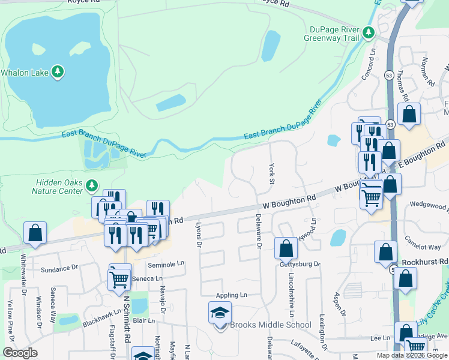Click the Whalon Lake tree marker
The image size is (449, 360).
[x=58, y=72]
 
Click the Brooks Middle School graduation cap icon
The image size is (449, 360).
[x=220, y=313]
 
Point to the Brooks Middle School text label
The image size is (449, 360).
[x=271, y=325]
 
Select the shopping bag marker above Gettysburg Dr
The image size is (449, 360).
[x=286, y=247]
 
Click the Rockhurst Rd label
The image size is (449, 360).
[x=426, y=262]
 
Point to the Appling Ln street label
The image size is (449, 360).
[x=232, y=295]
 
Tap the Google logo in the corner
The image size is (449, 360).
[x=20, y=353]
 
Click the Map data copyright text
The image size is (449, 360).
[x=412, y=355]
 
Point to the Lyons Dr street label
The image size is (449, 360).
[x=199, y=234]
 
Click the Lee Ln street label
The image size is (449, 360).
[x=380, y=339]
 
